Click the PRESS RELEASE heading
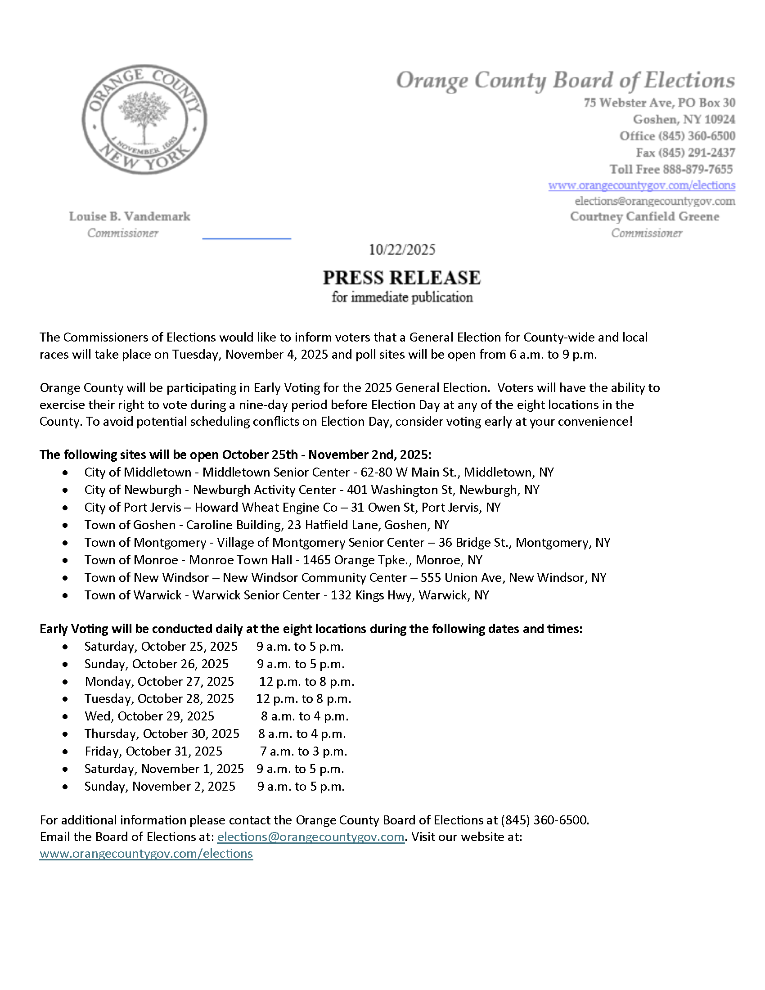point(401,277)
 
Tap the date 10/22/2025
point(401,250)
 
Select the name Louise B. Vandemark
point(130,217)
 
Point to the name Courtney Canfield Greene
point(644,217)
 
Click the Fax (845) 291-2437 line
point(685,153)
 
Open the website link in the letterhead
point(641,185)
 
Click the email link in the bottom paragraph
point(310,837)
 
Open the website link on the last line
point(146,854)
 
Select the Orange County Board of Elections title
point(565,81)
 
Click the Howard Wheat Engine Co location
point(266,507)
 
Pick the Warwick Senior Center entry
point(256,595)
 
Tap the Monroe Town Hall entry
point(240,560)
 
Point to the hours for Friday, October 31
point(304,751)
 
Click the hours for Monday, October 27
point(307,681)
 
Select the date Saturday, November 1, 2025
point(164,769)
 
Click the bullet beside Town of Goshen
point(66,525)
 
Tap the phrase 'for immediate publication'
point(402,297)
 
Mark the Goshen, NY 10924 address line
point(684,120)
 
